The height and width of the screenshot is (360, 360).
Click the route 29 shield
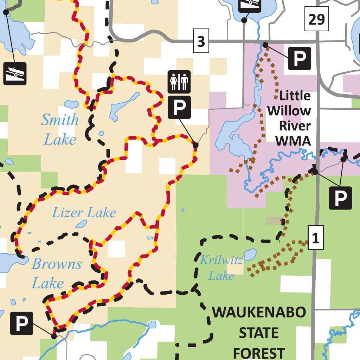tap(316, 19)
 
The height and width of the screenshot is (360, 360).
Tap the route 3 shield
tap(201, 42)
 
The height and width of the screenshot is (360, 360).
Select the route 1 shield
tap(315, 239)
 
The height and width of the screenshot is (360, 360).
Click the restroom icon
tap(179, 82)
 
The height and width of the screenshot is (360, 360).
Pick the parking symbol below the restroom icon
tap(179, 107)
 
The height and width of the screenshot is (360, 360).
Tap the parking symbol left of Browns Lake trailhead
tap(22, 323)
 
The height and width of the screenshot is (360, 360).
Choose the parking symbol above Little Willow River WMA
tap(300, 58)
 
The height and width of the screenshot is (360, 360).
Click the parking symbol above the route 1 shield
tap(340, 198)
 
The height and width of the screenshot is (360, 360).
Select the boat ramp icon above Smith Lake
tap(15, 73)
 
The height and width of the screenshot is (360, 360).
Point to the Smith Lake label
tap(60, 130)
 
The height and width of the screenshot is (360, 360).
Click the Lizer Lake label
tap(84, 213)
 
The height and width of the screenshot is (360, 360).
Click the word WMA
tap(293, 141)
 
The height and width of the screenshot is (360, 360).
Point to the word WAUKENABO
tap(259, 312)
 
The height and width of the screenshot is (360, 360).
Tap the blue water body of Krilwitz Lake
tap(250, 254)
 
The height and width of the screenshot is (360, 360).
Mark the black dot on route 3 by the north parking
tap(265, 45)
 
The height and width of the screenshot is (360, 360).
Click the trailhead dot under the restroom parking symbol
tap(196, 145)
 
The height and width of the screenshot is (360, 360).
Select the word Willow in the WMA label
tap(289, 111)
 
